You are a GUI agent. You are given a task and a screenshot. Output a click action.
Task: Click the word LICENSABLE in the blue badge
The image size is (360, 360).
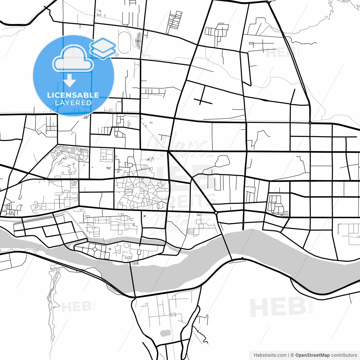[73, 95]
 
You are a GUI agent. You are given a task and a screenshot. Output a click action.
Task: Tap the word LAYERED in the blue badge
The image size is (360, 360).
[73, 103]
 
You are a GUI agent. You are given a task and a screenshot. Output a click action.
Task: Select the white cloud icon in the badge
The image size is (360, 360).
[73, 59]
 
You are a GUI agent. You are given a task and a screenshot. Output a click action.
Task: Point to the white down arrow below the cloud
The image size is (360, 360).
[69, 81]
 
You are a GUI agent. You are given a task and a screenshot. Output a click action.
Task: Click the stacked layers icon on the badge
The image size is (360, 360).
[103, 48]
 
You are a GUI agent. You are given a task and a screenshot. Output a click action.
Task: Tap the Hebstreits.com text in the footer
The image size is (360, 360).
[270, 355]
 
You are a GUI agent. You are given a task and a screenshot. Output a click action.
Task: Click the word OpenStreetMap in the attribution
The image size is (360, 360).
[312, 355]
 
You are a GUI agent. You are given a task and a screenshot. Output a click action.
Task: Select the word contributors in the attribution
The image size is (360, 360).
[344, 355]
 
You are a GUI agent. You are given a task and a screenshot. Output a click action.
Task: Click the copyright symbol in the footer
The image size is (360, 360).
[292, 355]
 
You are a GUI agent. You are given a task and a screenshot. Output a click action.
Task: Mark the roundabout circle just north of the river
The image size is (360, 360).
[216, 213]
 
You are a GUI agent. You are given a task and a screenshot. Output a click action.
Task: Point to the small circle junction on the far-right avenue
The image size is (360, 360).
[310, 123]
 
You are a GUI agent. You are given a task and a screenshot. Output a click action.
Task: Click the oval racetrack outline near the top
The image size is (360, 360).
[124, 42]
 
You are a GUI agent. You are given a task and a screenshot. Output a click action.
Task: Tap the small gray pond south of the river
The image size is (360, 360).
[165, 334]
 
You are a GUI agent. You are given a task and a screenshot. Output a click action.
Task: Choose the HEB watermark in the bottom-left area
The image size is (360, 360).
[76, 307]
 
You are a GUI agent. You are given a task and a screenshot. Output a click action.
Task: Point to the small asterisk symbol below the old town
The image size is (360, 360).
[145, 216]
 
